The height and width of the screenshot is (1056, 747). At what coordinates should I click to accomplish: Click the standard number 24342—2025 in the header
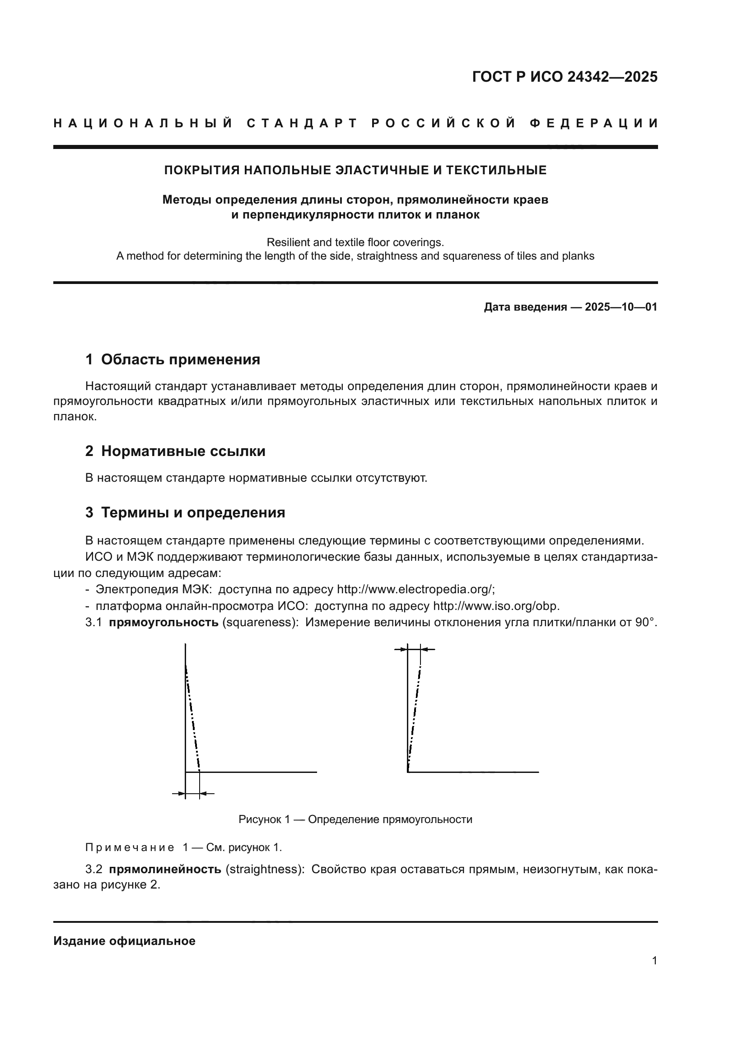[612, 77]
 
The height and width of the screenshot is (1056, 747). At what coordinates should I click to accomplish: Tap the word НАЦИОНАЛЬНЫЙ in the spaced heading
[143, 124]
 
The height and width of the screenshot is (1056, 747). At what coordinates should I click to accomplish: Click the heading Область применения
[180, 360]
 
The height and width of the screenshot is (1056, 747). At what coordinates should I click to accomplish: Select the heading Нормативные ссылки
[183, 451]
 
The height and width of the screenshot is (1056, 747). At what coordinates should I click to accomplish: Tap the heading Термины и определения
[193, 512]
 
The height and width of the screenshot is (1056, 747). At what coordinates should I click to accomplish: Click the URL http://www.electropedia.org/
[415, 590]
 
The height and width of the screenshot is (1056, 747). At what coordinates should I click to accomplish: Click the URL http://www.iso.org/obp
[496, 606]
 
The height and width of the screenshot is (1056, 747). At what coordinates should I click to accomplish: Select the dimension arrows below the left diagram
[193, 793]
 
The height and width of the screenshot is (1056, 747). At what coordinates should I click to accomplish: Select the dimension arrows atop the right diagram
[415, 649]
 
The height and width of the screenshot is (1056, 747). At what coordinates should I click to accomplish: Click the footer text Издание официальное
[124, 941]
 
